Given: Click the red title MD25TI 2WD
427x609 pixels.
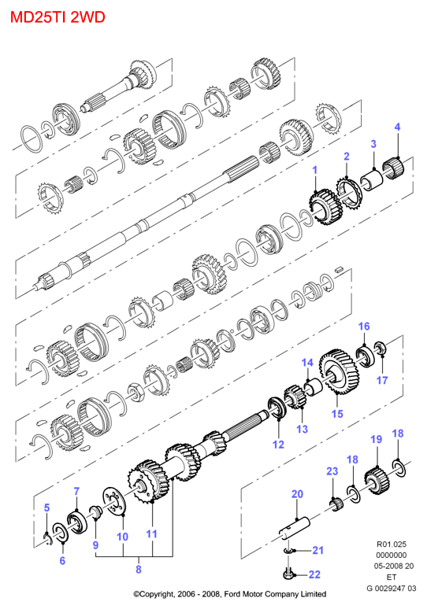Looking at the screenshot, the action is click(x=58, y=17).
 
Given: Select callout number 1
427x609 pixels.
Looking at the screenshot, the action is click(x=314, y=170).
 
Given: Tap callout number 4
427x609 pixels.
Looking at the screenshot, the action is click(x=397, y=127).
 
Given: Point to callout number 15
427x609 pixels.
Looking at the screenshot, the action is click(x=337, y=414).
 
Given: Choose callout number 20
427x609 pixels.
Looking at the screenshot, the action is click(x=298, y=494).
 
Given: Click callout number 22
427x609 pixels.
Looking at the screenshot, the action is click(x=314, y=574).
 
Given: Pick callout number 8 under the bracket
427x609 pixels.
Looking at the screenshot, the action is click(x=139, y=570).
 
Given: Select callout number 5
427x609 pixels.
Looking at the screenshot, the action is click(x=46, y=507).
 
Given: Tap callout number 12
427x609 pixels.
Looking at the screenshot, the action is click(x=278, y=445).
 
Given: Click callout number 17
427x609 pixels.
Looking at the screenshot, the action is click(x=382, y=380).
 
